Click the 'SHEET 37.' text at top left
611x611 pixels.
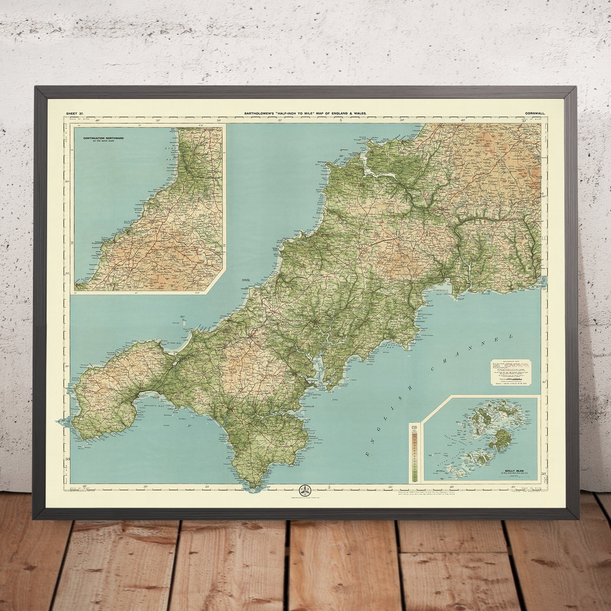[x=75, y=114]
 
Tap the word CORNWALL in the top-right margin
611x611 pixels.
[x=535, y=114]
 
